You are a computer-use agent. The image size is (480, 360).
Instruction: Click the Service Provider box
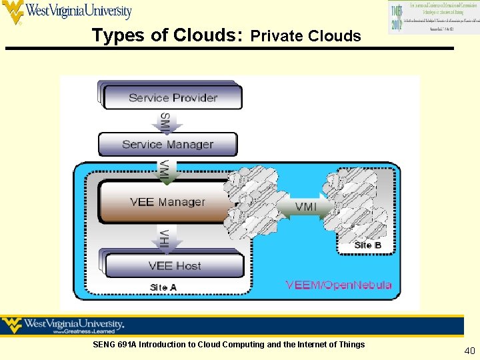[x=172, y=97]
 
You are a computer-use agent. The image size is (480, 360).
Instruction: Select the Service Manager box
[x=167, y=144]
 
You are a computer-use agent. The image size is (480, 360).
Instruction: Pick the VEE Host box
[x=174, y=265]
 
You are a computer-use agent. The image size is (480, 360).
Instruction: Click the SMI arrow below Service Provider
[x=164, y=122]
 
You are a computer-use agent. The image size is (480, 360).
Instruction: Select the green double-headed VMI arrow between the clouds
[x=305, y=207]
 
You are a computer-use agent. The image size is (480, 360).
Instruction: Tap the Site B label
[x=368, y=245]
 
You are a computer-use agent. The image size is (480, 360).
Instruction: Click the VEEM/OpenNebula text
[x=339, y=285]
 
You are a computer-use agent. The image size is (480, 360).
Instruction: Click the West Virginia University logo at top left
[x=67, y=12]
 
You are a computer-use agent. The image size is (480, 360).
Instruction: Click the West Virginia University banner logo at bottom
[x=64, y=326]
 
